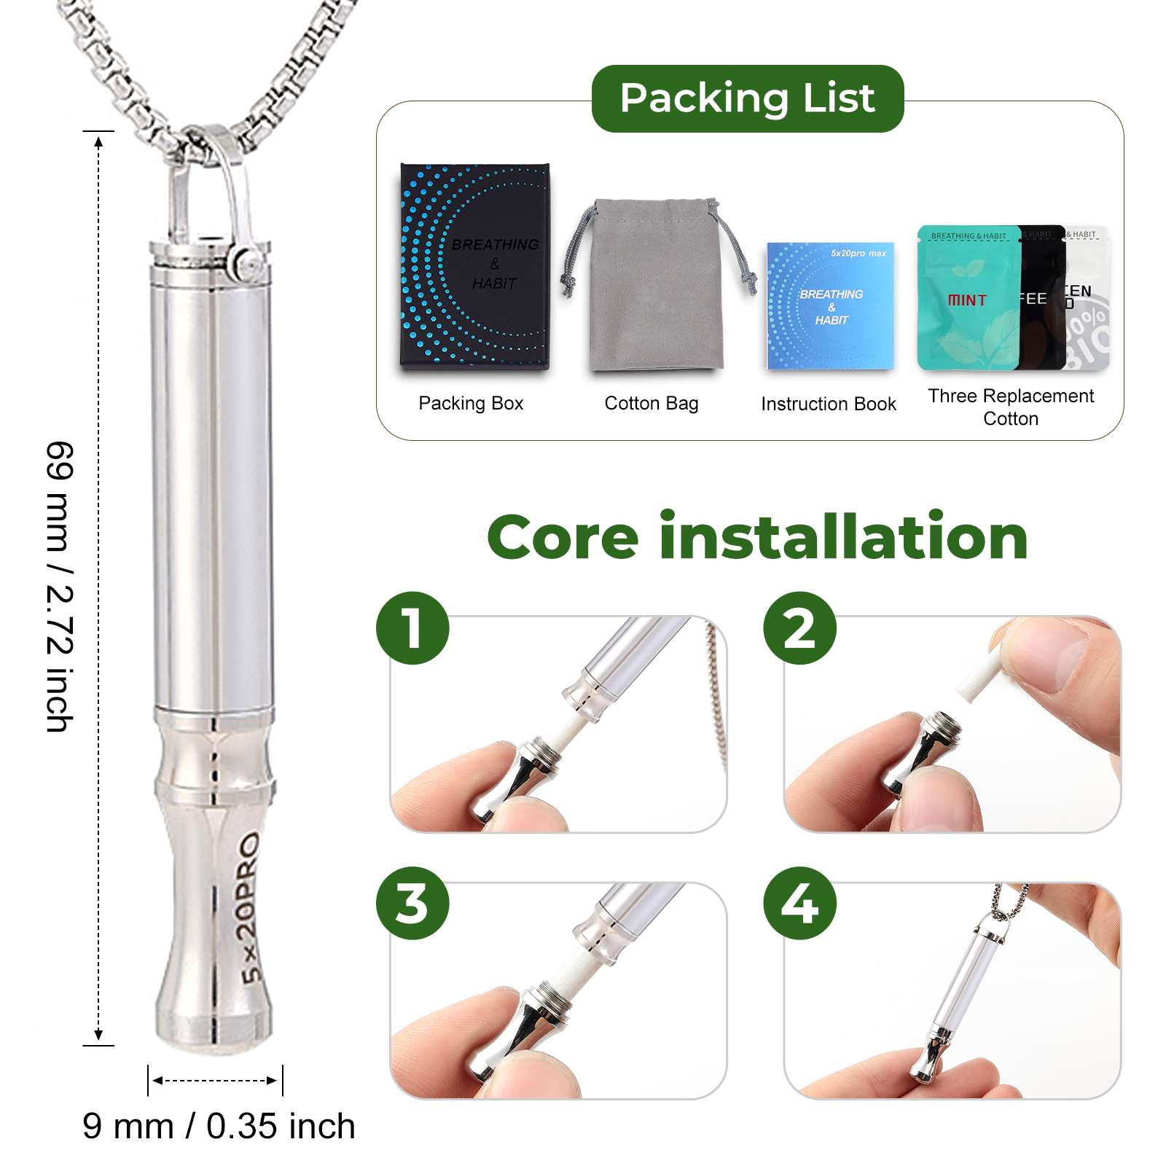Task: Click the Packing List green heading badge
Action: point(748,98)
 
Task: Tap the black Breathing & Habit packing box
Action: point(474,267)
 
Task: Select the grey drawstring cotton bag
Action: point(656,291)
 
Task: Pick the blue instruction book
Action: point(830,306)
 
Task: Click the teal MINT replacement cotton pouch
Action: point(968,299)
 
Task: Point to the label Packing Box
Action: point(471,403)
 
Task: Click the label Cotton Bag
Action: point(652,403)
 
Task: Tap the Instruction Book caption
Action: point(829,404)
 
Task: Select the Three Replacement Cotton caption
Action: point(1011,407)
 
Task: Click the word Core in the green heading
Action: point(563,538)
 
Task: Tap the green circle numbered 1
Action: point(412,628)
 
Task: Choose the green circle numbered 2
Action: point(799,628)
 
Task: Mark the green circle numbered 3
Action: point(412,903)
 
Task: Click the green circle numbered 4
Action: point(799,903)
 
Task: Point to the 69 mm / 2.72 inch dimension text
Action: point(60,587)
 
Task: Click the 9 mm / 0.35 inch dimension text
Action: point(219,1126)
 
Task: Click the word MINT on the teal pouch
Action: point(967,300)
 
